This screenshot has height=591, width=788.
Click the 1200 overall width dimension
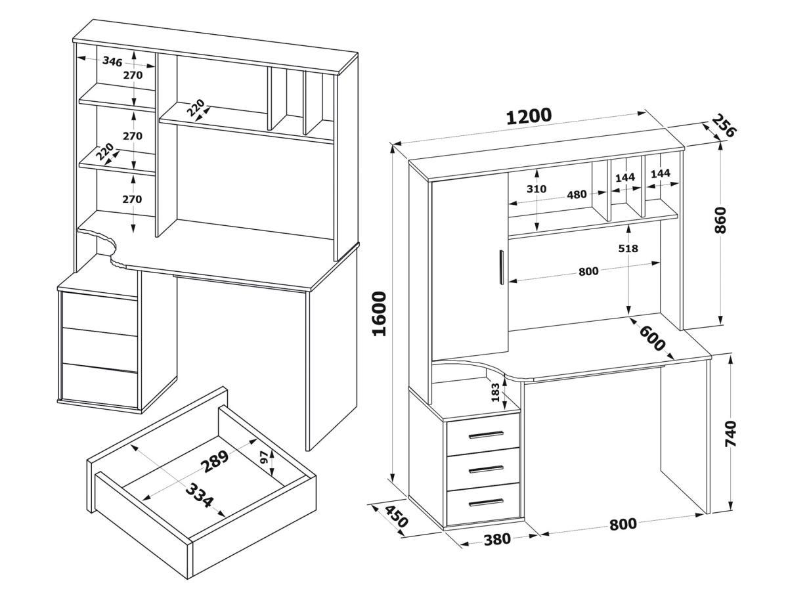[529, 116]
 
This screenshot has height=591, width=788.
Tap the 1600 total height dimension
[379, 313]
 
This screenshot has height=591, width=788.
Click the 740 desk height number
[730, 434]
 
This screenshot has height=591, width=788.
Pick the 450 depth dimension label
[395, 517]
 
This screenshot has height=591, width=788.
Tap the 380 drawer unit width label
[497, 540]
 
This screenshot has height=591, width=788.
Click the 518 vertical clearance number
[628, 249]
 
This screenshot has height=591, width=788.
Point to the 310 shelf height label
[537, 189]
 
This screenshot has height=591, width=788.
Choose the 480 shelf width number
[577, 194]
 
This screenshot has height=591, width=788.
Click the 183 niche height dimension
[495, 393]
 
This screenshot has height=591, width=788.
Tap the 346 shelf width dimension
[112, 62]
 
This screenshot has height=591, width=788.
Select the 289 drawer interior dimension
[215, 462]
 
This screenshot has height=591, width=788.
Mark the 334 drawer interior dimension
[198, 496]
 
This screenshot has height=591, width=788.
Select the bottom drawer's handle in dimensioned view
[486, 502]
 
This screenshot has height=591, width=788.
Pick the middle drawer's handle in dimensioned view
[486, 469]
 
